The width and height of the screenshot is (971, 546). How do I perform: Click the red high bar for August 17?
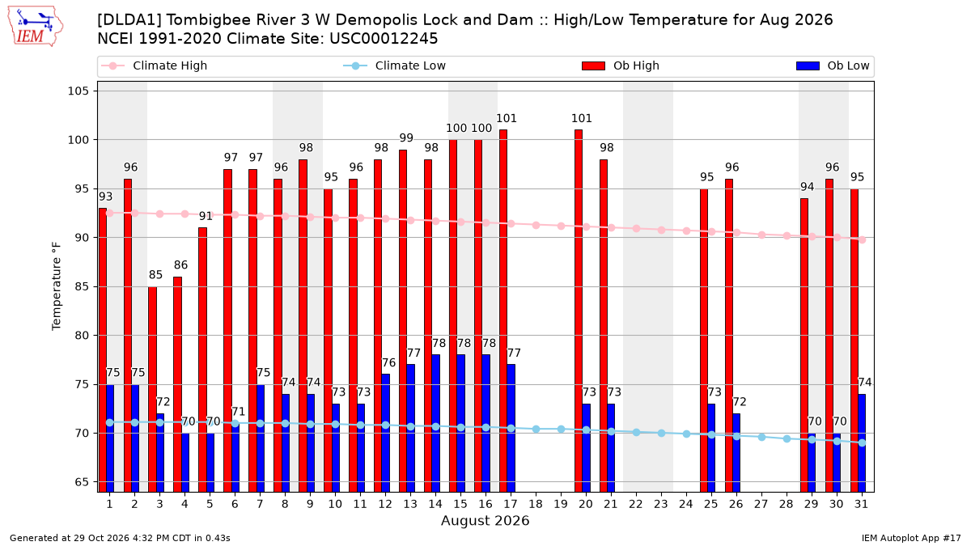(x=503, y=311)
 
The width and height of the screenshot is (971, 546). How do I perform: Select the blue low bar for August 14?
(x=435, y=423)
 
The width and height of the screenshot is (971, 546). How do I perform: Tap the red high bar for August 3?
(x=152, y=389)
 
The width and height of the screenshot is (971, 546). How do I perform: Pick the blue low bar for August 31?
(x=862, y=443)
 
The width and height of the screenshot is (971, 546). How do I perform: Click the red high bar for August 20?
(x=579, y=311)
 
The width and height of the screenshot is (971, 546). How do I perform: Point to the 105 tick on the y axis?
(x=78, y=91)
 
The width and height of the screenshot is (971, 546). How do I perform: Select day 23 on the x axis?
(x=660, y=504)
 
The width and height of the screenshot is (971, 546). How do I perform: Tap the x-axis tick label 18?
(x=536, y=504)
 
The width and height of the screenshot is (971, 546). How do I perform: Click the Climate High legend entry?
(x=154, y=66)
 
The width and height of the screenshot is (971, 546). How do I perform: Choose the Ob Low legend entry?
(x=833, y=66)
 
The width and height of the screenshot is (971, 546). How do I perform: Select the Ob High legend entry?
(x=621, y=66)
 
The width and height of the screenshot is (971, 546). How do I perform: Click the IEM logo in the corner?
(x=35, y=27)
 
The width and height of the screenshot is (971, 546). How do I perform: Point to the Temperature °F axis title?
(x=57, y=286)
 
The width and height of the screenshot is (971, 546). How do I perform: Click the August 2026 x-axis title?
(x=485, y=520)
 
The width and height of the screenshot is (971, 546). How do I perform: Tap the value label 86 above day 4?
(x=180, y=265)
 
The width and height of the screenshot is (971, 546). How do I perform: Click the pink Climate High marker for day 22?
(x=636, y=228)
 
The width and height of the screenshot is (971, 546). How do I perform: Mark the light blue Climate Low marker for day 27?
(x=761, y=438)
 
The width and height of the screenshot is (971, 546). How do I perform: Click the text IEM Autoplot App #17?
(x=911, y=538)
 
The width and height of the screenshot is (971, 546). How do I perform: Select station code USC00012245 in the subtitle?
(x=384, y=39)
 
